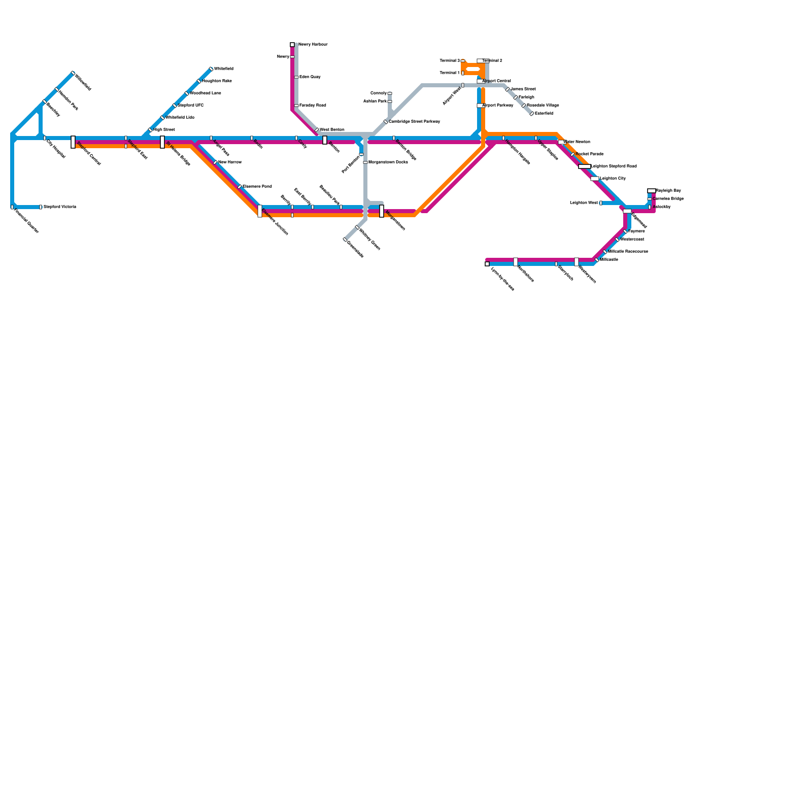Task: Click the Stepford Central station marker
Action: coord(73,142)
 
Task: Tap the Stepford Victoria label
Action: coord(59,207)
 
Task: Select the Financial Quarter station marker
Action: coord(12,207)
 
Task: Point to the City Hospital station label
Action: coord(56,149)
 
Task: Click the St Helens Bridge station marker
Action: coord(162,142)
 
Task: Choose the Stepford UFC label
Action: coord(190,106)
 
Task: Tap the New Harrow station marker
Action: coord(215,162)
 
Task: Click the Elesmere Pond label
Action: coord(257,187)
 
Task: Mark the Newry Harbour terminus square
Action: coord(292,45)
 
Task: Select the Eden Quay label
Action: coord(310,77)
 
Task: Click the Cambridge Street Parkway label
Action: coord(414,122)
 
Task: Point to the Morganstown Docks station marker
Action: coord(365,162)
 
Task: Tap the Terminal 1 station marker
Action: coord(463,73)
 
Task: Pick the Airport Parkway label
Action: coord(497,106)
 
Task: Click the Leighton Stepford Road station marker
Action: coord(585,166)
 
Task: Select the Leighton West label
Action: coord(584,203)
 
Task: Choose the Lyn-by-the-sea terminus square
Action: coord(487,264)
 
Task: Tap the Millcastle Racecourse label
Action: coord(628,252)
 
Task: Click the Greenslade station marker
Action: coord(345,240)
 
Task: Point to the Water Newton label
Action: coord(577,142)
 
